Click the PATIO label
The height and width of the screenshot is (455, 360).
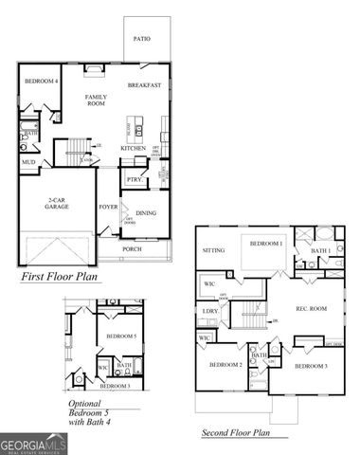(x=141, y=39)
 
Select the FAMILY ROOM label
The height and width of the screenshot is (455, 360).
(x=96, y=101)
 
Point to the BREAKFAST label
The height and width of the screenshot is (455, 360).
(x=145, y=84)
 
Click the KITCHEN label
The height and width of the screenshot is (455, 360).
(x=133, y=148)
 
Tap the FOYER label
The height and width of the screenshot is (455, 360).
(x=108, y=206)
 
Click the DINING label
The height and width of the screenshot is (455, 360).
(x=145, y=213)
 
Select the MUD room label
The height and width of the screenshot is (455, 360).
(x=28, y=162)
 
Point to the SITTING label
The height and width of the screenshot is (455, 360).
(x=212, y=250)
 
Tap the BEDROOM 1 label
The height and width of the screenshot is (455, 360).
(x=266, y=244)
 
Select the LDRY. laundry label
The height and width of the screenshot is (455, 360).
(x=209, y=311)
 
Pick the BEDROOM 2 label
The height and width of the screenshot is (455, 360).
(x=226, y=364)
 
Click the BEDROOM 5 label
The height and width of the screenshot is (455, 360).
(x=121, y=337)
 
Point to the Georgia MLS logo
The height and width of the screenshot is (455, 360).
(x=32, y=443)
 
